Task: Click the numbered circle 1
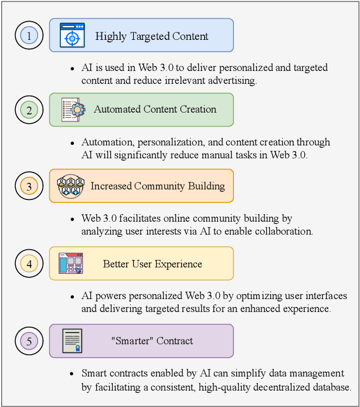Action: click(x=29, y=35)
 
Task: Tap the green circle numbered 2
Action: click(x=29, y=109)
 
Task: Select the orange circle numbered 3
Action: click(x=29, y=186)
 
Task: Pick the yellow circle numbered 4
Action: click(x=29, y=263)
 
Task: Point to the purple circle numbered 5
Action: click(x=29, y=341)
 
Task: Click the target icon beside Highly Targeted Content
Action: click(x=72, y=35)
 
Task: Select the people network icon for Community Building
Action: click(x=71, y=186)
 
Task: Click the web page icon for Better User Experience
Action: click(x=71, y=263)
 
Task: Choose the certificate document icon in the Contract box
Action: click(x=72, y=341)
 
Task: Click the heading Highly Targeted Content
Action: click(x=152, y=36)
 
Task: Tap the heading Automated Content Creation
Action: click(x=155, y=109)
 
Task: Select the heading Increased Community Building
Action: click(x=158, y=186)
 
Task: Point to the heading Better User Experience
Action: click(x=152, y=264)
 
